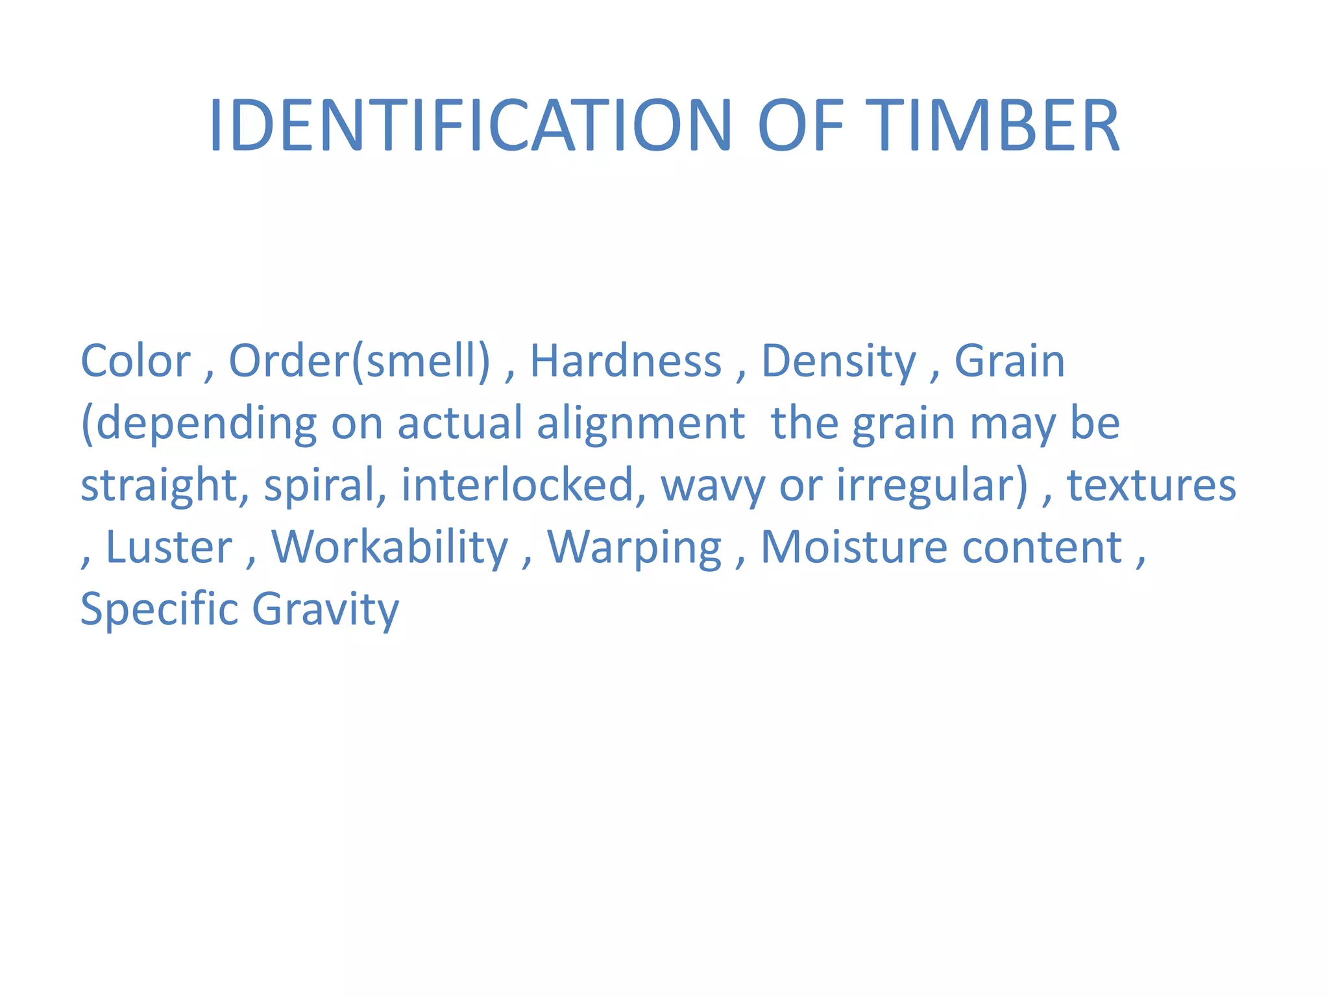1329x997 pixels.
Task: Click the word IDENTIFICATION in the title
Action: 470,126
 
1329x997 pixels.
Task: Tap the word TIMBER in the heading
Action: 992,126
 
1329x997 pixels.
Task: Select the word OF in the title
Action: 801,126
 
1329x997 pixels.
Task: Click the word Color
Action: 135,361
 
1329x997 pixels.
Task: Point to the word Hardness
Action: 626,361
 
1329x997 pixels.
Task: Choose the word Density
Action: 838,362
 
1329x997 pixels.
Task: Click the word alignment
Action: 640,425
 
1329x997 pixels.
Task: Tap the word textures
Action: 1151,486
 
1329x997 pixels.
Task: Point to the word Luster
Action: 169,547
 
